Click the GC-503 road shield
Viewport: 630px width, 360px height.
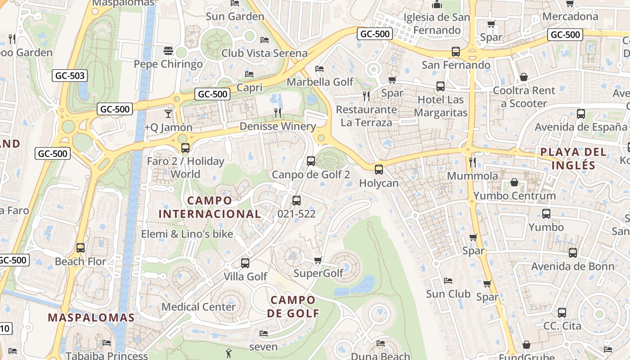click(x=69, y=76)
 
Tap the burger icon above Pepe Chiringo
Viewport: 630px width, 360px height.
click(x=168, y=51)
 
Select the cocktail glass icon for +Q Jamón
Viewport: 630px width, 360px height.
click(x=168, y=113)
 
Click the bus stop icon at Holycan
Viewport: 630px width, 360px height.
click(x=379, y=170)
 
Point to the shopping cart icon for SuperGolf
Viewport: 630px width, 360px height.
click(x=318, y=260)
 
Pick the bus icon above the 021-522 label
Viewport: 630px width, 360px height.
click(x=296, y=201)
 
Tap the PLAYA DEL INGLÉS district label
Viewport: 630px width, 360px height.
click(x=573, y=158)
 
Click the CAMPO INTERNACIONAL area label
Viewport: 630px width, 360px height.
click(x=210, y=207)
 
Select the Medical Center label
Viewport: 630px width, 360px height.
click(x=198, y=307)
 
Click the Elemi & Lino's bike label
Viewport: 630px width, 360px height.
click(x=187, y=234)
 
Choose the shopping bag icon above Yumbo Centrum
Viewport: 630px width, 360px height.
click(x=514, y=182)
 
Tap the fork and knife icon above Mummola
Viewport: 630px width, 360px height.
click(x=472, y=162)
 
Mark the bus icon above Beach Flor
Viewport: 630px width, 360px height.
click(x=81, y=247)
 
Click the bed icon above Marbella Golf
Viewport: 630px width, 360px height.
click(x=319, y=69)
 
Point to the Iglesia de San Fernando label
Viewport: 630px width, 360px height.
click(x=437, y=24)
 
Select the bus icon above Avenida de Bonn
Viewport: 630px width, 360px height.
click(x=572, y=253)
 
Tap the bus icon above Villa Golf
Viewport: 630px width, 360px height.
click(x=245, y=263)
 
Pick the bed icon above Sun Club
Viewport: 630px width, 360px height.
click(x=448, y=281)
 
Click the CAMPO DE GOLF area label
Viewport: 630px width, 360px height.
click(x=293, y=306)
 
